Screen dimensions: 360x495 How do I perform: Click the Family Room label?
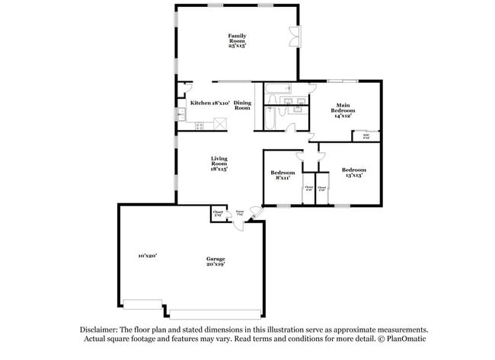(237, 40)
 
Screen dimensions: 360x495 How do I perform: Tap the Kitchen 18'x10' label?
(210, 103)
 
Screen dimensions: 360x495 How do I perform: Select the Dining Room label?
(242, 106)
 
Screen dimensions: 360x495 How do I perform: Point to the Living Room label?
(219, 163)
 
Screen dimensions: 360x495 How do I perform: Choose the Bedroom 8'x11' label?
(283, 175)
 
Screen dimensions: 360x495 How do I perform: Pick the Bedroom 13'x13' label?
(353, 172)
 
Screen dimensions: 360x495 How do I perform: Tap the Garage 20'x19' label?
(215, 263)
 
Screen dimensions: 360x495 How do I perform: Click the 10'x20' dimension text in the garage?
(147, 256)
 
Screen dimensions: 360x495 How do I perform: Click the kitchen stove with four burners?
(200, 125)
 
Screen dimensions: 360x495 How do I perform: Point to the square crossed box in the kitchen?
(220, 123)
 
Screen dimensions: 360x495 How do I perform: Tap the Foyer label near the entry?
(239, 214)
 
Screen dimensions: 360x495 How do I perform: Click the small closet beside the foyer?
(218, 214)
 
